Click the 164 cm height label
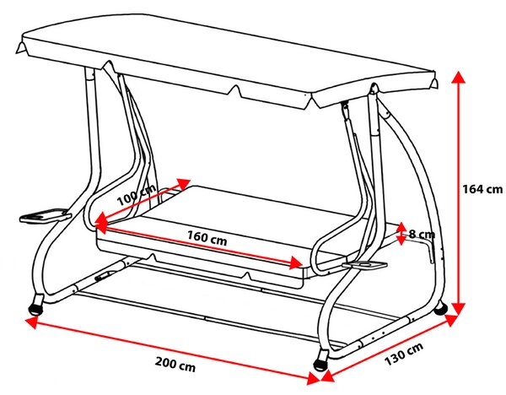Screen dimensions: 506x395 (x=482, y=189)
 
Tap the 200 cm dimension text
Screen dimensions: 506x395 (x=175, y=364)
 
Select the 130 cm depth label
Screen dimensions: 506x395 (x=404, y=354)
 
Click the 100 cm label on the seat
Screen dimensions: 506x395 (x=136, y=196)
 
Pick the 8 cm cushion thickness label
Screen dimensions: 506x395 (x=422, y=234)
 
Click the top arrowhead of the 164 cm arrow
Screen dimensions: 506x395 (x=458, y=77)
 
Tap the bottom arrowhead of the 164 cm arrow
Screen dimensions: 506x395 (x=458, y=309)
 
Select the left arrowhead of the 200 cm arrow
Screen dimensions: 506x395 (x=31, y=322)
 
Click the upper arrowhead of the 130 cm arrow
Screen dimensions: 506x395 (x=451, y=319)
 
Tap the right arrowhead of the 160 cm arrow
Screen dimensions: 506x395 (x=296, y=262)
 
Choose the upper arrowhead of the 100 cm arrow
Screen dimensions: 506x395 (x=184, y=184)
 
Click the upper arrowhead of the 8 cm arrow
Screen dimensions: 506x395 (x=401, y=226)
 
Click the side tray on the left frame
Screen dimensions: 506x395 (x=46, y=215)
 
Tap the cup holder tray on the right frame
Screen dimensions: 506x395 (x=364, y=265)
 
